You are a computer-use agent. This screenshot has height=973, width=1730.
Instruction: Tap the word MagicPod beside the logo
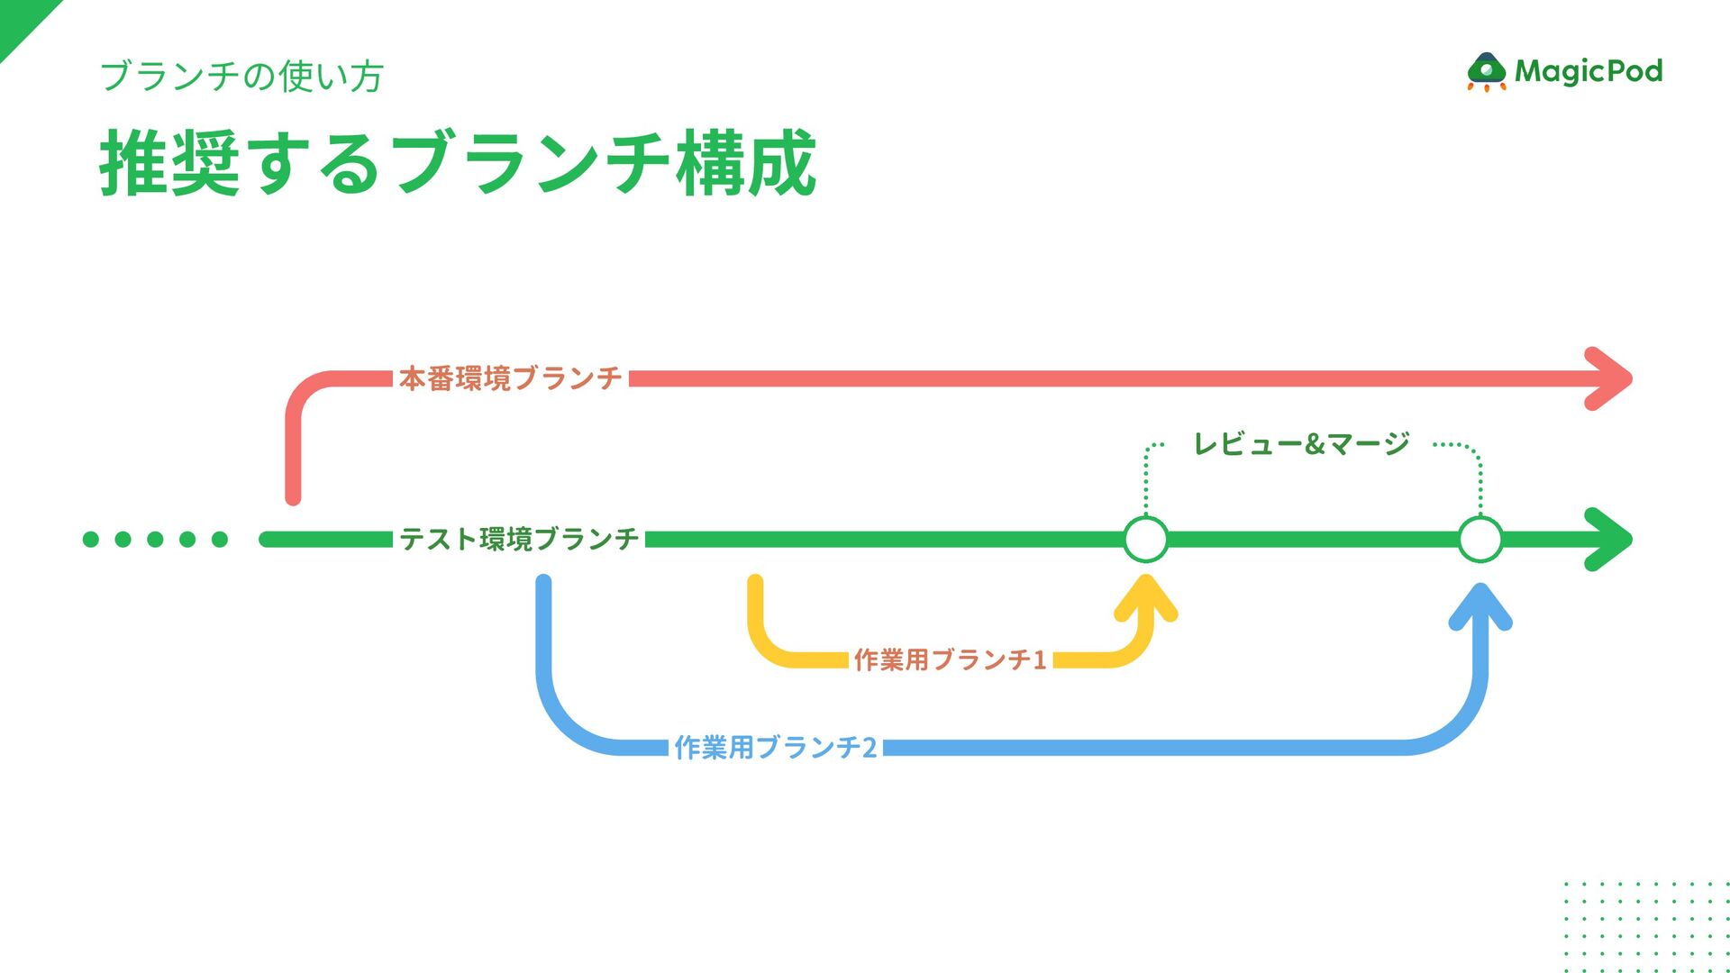click(x=1589, y=71)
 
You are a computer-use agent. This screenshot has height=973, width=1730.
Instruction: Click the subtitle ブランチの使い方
click(x=241, y=77)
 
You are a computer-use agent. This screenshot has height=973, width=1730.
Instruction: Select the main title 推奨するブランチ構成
click(x=458, y=163)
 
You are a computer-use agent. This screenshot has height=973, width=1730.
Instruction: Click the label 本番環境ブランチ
click(x=510, y=378)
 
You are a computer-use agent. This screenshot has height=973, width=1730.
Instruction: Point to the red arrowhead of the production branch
click(x=1611, y=378)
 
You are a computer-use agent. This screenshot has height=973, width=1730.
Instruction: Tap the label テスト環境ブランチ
click(x=519, y=539)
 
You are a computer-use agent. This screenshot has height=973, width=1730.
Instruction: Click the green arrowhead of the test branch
click(x=1611, y=539)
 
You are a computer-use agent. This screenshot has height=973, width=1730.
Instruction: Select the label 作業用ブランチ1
click(x=950, y=660)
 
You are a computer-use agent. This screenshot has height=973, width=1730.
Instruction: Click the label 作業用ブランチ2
click(x=775, y=748)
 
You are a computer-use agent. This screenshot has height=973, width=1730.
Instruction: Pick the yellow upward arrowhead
click(x=1146, y=599)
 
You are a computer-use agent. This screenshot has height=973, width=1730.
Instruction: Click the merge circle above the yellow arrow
click(x=1146, y=539)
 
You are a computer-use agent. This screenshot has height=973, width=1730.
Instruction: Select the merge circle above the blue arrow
click(x=1480, y=539)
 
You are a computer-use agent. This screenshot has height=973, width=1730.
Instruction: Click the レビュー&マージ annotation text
click(x=1301, y=444)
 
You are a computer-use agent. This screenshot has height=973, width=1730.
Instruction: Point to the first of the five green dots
click(x=91, y=539)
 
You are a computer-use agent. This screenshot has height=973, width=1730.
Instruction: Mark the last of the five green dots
click(x=220, y=539)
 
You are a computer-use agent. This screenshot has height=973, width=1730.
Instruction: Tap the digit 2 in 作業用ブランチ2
click(x=870, y=748)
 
